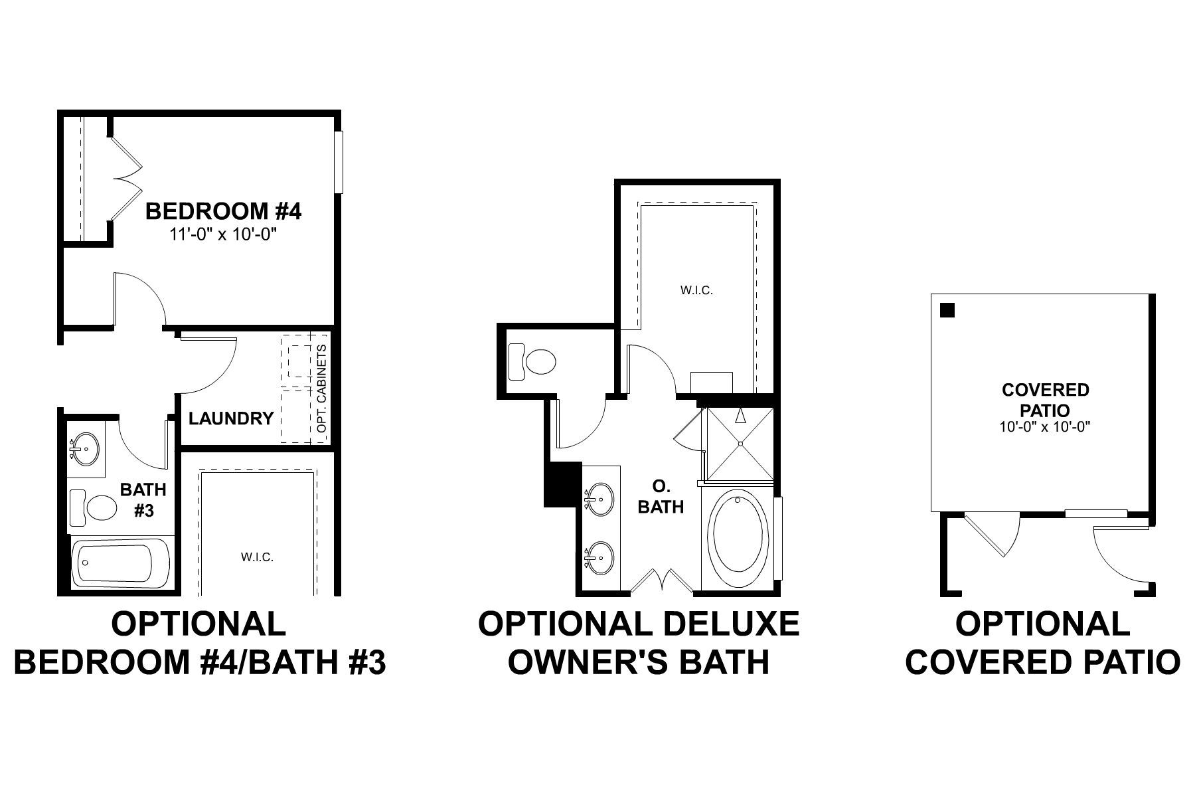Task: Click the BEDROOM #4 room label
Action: [x=223, y=212]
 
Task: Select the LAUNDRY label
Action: [x=230, y=418]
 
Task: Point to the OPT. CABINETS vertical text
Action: [x=323, y=389]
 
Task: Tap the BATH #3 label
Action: [x=143, y=500]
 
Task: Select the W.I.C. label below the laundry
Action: [x=257, y=557]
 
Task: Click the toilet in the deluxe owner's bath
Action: [x=533, y=362]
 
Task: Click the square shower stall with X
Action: [x=740, y=444]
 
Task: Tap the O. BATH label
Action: [x=660, y=498]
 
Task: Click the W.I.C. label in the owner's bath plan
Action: [x=696, y=290]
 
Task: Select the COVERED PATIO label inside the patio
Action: [x=1045, y=400]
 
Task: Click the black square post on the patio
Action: [x=948, y=310]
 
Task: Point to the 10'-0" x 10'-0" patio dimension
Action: [x=1045, y=427]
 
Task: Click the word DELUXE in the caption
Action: [x=737, y=624]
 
